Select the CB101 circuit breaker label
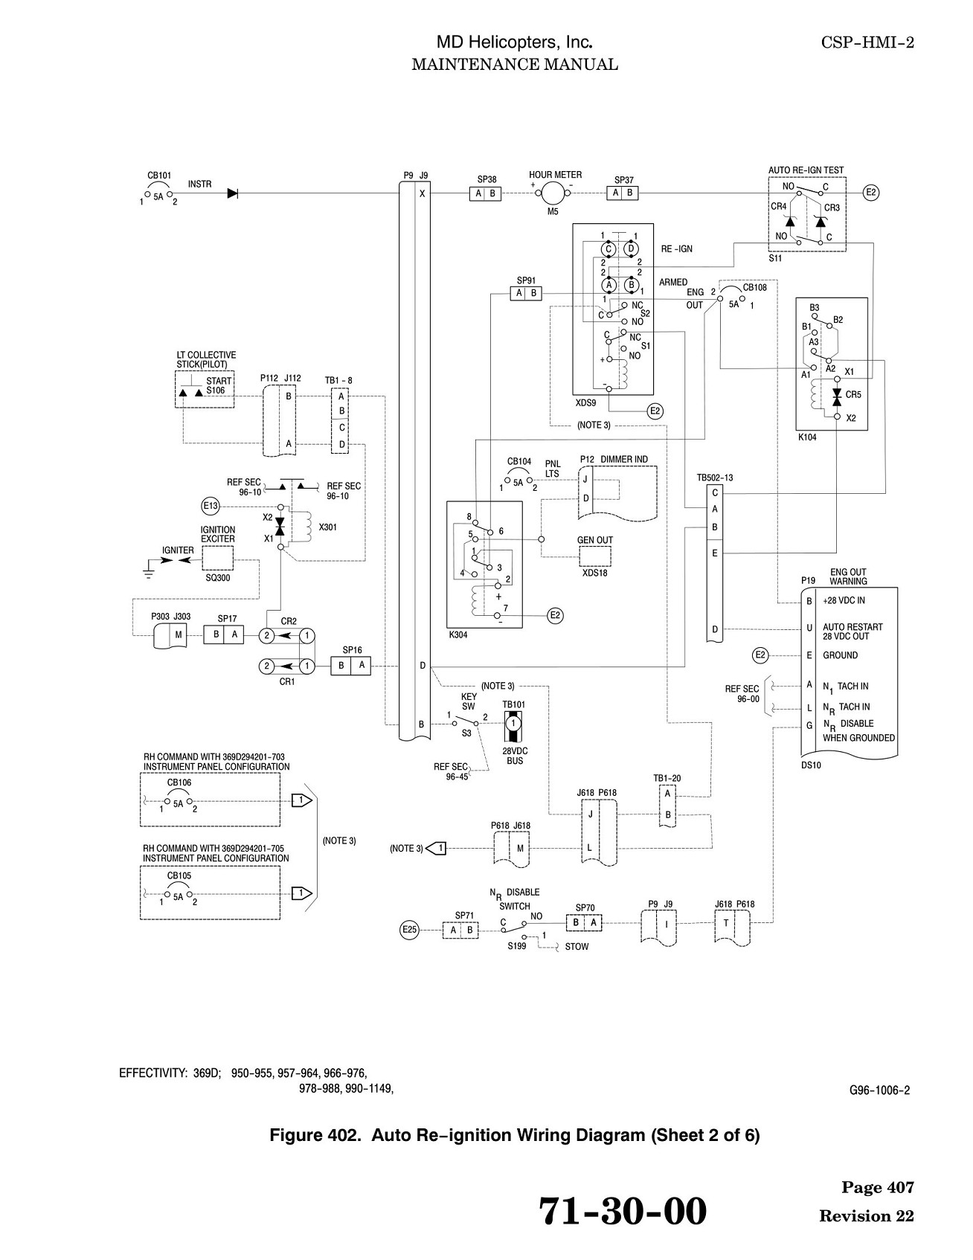pos(159,176)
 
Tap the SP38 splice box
pos(486,193)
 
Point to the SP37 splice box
pos(623,193)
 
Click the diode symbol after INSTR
pos(233,193)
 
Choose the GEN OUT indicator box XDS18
pos(595,556)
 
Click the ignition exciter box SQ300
pos(217,558)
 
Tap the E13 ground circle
pos(211,507)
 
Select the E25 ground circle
pos(409,929)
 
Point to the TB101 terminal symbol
pos(513,724)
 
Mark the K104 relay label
pos(807,437)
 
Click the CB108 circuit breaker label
pos(754,287)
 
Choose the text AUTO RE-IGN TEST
pos(806,170)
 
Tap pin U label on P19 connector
pos(809,629)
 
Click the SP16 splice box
pos(351,666)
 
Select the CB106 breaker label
pos(179,782)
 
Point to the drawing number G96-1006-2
pos(879,1091)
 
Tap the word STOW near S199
pos(577,947)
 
